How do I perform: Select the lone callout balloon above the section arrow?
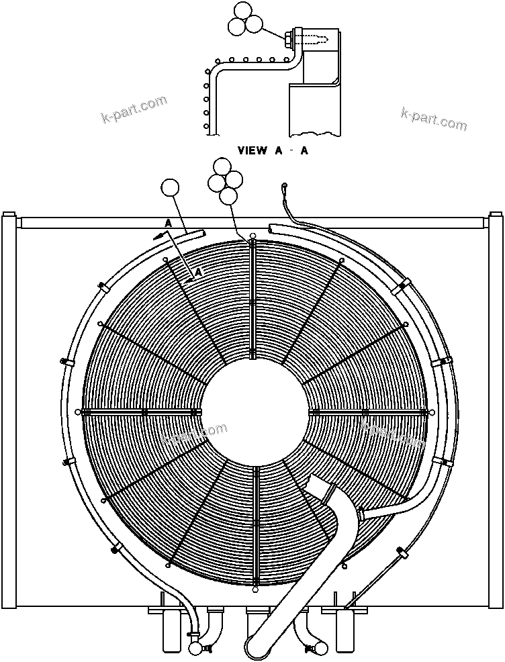click(171, 189)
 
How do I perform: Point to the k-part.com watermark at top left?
click(134, 111)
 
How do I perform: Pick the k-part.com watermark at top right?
click(433, 119)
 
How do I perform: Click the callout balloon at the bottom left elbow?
click(196, 648)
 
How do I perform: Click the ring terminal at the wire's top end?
click(285, 186)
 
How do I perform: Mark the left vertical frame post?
click(9, 410)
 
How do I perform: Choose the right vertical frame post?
click(496, 410)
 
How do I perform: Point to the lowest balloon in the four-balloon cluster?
click(230, 195)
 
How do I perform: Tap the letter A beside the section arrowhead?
click(169, 223)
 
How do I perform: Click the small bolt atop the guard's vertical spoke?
click(252, 237)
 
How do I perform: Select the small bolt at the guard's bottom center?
click(256, 591)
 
